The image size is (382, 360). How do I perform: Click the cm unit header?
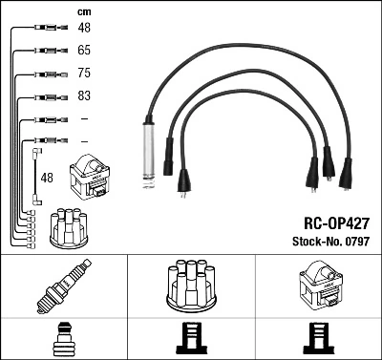coord(84,11)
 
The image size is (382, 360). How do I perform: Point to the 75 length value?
coord(84,73)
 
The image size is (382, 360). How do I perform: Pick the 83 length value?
coord(84,96)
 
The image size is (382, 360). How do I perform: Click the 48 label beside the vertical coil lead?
coord(46,178)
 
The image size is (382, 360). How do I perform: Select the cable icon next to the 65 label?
coord(47,50)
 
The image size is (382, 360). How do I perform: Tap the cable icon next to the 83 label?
coord(47,96)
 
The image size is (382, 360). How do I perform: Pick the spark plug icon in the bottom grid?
coord(63,287)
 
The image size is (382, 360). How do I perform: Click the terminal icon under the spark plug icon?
coord(63,340)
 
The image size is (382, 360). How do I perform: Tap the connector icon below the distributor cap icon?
coord(190,340)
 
